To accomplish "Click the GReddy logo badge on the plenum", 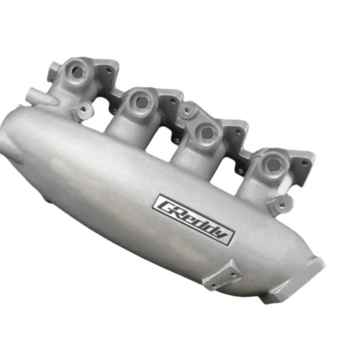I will click(x=194, y=218).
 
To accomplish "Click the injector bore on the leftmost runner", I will click(x=78, y=71).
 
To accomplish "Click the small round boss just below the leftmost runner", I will click(x=82, y=111).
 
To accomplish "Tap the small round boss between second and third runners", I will click(x=186, y=110).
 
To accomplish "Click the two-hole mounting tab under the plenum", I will click(x=223, y=272).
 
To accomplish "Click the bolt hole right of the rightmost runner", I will click(x=303, y=164).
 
